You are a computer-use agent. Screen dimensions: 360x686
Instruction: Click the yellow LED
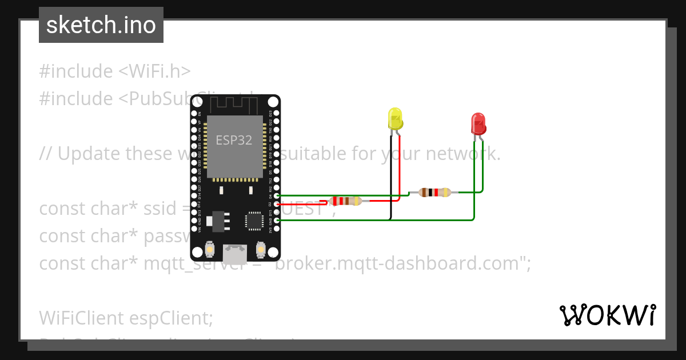point(395,118)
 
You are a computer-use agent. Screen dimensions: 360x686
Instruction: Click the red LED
point(478,124)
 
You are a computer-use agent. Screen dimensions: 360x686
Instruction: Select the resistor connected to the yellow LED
point(345,201)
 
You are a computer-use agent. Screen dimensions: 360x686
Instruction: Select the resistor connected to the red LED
point(435,193)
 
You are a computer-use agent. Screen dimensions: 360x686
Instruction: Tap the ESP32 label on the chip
point(234,140)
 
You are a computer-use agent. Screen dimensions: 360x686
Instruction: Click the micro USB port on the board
point(235,252)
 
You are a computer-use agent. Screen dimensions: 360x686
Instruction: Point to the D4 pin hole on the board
point(277,195)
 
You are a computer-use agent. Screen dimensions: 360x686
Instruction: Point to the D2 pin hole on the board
point(277,204)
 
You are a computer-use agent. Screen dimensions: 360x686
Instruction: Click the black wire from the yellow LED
point(391,177)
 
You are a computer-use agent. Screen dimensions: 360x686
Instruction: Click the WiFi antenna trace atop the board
point(234,105)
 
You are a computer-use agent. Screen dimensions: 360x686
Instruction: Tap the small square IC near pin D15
point(254,221)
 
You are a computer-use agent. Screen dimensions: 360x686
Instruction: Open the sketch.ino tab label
point(101,25)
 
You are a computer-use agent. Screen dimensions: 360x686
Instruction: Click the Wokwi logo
point(607,315)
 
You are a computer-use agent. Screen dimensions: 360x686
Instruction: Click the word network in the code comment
point(462,154)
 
